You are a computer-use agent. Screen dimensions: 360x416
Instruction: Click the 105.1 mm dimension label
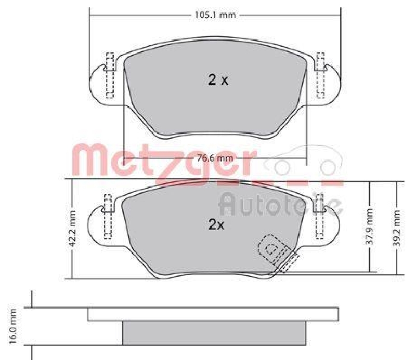point(215,15)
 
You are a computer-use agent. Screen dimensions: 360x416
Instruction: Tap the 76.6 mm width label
point(215,158)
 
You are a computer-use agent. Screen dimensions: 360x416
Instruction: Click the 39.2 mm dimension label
point(397,226)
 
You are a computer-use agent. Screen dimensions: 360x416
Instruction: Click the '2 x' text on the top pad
point(218,80)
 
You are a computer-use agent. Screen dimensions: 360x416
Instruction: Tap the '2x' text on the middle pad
point(216,225)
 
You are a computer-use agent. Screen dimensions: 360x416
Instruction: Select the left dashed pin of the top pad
point(109,75)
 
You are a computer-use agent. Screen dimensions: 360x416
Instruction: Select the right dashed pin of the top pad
point(320,75)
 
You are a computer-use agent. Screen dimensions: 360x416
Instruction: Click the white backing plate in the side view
point(213,314)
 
